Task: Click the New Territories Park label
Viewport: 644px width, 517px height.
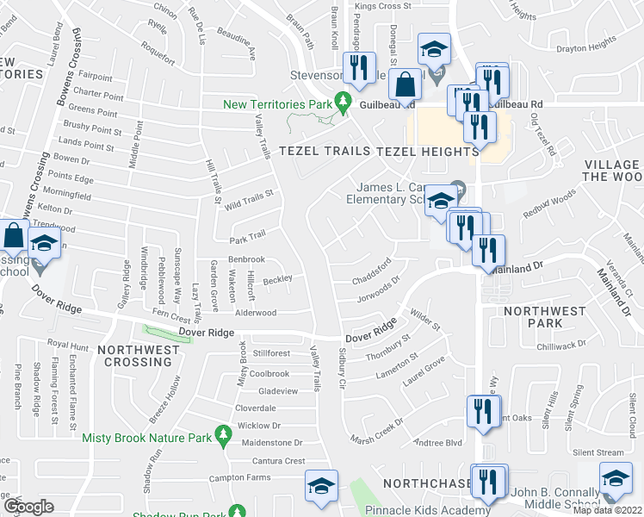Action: [278, 104]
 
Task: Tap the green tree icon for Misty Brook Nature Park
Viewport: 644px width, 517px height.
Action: [223, 432]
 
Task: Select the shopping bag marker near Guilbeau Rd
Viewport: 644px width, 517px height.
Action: [404, 85]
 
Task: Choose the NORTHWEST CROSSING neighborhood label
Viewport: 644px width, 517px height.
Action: [139, 356]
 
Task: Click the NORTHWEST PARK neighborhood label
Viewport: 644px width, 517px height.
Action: [546, 316]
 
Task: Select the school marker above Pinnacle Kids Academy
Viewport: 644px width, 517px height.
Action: [321, 487]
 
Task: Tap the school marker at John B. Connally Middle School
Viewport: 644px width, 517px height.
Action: [616, 479]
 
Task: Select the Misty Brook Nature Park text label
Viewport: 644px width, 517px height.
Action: [146, 438]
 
